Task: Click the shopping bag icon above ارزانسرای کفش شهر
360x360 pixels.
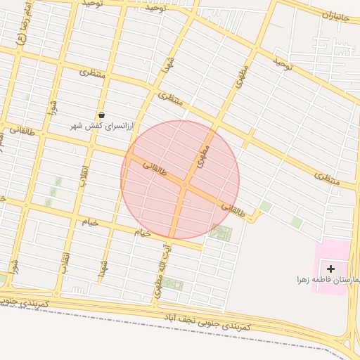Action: [x=102, y=115]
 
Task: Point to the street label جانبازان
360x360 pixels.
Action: [x=336, y=15]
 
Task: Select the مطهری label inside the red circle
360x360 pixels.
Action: [x=205, y=155]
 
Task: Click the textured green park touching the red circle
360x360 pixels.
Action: [x=220, y=233]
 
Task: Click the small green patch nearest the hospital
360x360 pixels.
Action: [x=297, y=222]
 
